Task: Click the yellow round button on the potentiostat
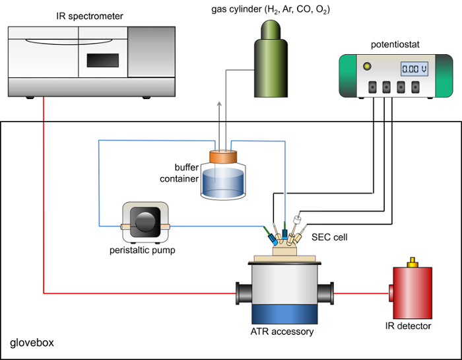coord(364,66)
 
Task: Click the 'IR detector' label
coord(408,326)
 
